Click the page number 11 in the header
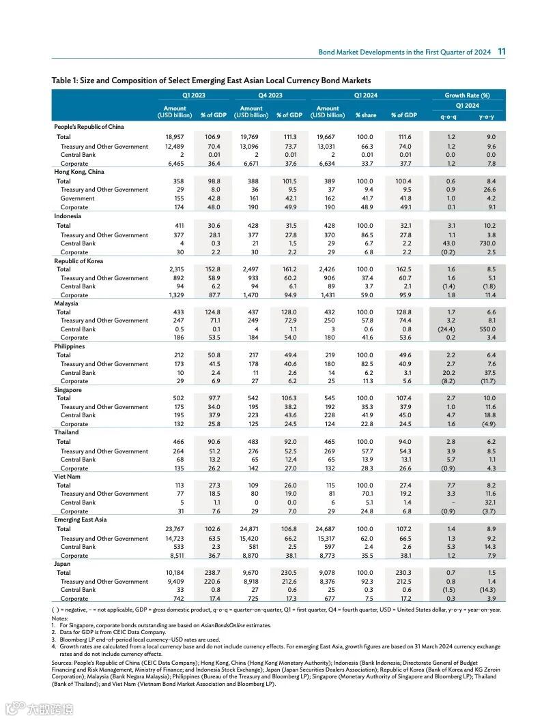pyautogui.click(x=501, y=52)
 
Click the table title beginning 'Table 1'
pyautogui.click(x=211, y=80)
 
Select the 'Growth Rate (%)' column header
pyautogui.click(x=467, y=95)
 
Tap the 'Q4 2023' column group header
pyautogui.click(x=270, y=95)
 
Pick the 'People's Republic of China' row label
pyautogui.click(x=89, y=127)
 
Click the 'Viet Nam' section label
pyautogui.click(x=68, y=477)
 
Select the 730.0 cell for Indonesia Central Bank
pyautogui.click(x=487, y=243)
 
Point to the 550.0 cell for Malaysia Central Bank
pyautogui.click(x=487, y=329)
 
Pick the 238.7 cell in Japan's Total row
pyautogui.click(x=212, y=573)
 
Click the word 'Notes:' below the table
pyautogui.click(x=60, y=618)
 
